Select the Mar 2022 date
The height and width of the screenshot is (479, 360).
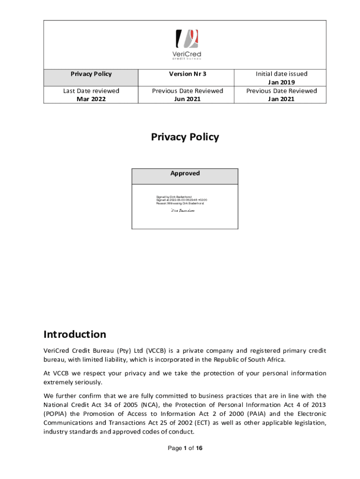(x=91, y=99)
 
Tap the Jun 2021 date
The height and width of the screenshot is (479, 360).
(x=187, y=99)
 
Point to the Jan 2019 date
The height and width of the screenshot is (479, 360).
(x=281, y=82)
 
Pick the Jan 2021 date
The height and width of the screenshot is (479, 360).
(x=281, y=99)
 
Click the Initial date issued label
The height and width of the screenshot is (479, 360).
(x=281, y=74)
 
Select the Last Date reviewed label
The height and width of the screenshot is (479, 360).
(x=91, y=91)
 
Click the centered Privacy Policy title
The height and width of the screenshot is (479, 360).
(x=185, y=137)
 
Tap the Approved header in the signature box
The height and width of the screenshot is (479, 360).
(x=185, y=174)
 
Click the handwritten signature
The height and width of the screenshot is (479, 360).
(x=182, y=211)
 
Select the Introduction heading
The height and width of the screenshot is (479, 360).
(x=75, y=334)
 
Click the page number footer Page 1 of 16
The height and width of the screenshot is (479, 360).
(x=185, y=449)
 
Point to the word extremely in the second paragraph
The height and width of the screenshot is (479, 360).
(x=58, y=382)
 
